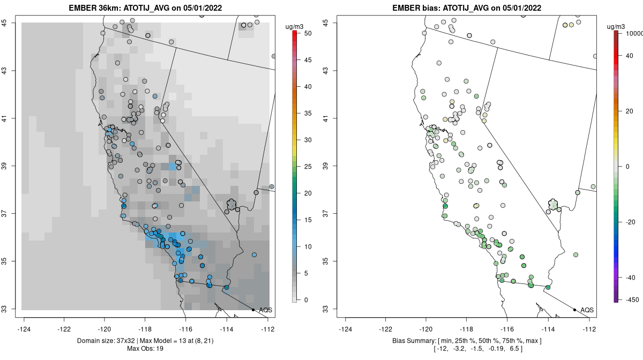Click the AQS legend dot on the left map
click(x=253, y=310)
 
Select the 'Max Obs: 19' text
click(x=145, y=349)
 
